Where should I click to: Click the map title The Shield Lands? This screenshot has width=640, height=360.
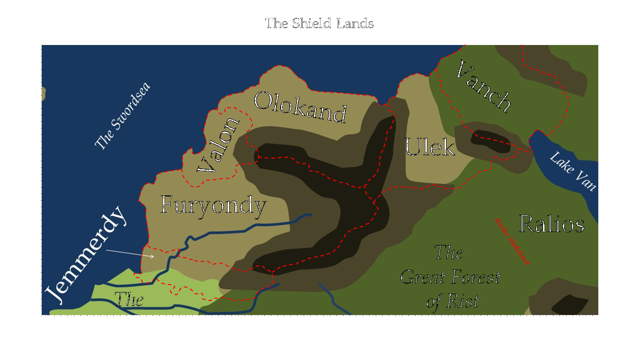tap(320, 23)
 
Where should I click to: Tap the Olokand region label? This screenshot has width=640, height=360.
tap(301, 107)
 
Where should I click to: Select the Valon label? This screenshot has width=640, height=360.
tap(218, 145)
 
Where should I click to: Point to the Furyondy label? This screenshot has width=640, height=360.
tap(213, 205)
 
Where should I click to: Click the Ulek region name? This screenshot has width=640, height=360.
tap(430, 147)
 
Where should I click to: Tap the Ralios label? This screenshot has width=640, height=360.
tap(551, 224)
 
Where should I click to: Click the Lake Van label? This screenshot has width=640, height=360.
tap(573, 171)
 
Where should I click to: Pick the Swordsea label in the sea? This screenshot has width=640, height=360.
tap(122, 116)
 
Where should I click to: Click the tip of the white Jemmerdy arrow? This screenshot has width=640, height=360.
tap(154, 256)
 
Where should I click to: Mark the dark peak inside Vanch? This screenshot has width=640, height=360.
tap(490, 141)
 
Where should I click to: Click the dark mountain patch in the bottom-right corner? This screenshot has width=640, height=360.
tap(570, 305)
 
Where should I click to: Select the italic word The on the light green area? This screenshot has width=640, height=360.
tap(129, 299)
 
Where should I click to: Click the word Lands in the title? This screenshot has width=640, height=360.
tap(355, 23)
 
